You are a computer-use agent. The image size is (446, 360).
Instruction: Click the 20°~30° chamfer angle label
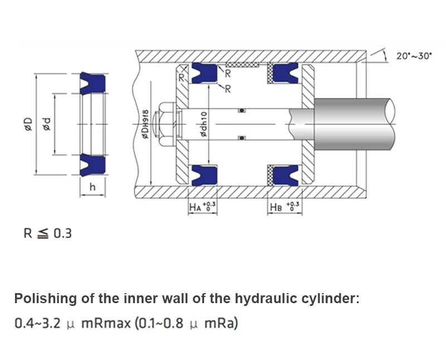pyautogui.click(x=414, y=56)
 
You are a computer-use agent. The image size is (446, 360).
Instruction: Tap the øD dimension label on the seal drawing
pyautogui.click(x=28, y=124)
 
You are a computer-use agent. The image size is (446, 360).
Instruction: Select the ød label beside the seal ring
pyautogui.click(x=46, y=124)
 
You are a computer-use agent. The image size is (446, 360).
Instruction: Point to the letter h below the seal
pyautogui.click(x=93, y=187)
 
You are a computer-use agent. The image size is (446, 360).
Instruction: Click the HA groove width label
pyautogui.click(x=202, y=206)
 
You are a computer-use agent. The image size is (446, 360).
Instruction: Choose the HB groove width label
pyautogui.click(x=284, y=206)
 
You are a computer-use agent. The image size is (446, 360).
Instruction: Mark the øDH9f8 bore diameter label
pyautogui.click(x=145, y=124)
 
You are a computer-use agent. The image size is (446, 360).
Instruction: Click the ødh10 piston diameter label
pyautogui.click(x=203, y=124)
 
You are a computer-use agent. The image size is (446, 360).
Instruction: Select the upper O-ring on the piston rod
pyautogui.click(x=242, y=110)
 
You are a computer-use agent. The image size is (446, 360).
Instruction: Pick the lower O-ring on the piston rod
pyautogui.click(x=242, y=138)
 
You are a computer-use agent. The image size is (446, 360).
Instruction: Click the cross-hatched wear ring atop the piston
pyautogui.click(x=243, y=65)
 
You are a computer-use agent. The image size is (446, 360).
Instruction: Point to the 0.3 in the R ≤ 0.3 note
pyautogui.click(x=62, y=233)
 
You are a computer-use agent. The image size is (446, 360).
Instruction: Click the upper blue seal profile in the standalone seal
pyautogui.click(x=93, y=84)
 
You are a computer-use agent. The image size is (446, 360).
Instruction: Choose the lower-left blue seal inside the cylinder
pyautogui.click(x=204, y=176)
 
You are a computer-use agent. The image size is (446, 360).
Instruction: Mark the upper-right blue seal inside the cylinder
pyautogui.click(x=285, y=73)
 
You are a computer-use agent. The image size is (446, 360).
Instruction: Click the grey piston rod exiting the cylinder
pyautogui.click(x=354, y=124)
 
